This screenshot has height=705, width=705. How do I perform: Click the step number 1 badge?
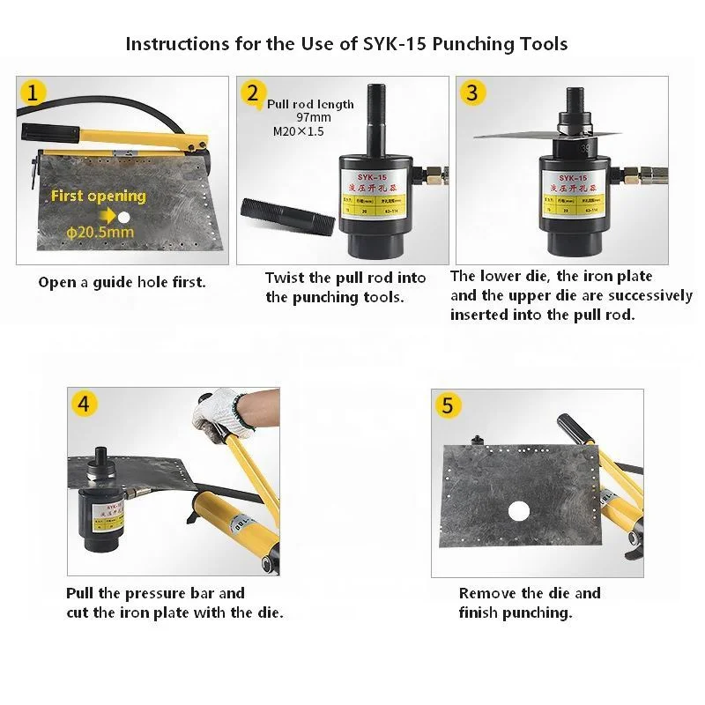coord(33,93)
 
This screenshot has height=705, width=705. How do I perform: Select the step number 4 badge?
coord(83,404)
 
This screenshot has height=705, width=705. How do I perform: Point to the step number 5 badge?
coord(448,404)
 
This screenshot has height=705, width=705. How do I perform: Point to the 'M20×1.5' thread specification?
coord(300,131)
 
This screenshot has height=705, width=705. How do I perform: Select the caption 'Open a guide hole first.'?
coord(122,283)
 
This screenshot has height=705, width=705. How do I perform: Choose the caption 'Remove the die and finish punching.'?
coord(529,603)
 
